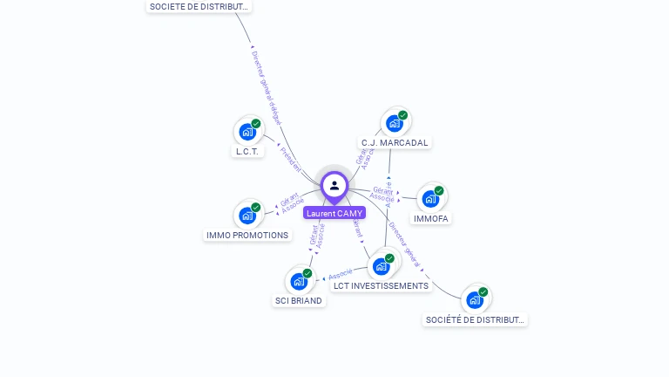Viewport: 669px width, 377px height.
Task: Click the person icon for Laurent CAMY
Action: (334, 186)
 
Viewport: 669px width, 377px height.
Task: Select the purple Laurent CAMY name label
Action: (334, 213)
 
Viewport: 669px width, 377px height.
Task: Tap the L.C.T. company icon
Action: (247, 132)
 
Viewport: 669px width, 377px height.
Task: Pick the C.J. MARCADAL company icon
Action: (394, 123)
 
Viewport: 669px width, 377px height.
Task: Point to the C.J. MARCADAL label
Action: (395, 142)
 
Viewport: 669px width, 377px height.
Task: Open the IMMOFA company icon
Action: (429, 199)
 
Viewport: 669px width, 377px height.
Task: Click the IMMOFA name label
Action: (431, 218)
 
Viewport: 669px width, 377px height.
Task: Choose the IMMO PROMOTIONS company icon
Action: (247, 215)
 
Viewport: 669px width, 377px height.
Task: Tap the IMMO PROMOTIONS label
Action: (247, 235)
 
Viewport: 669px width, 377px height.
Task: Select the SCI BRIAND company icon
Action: (299, 281)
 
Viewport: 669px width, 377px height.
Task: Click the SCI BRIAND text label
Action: (299, 300)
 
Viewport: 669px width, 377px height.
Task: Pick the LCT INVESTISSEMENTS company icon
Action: (381, 266)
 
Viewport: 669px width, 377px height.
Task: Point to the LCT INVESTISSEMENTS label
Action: (382, 285)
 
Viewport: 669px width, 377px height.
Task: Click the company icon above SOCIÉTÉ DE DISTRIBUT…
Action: (475, 300)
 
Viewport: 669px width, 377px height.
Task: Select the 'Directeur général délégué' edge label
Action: (265, 86)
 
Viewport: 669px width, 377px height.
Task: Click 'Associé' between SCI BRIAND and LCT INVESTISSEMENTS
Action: (341, 275)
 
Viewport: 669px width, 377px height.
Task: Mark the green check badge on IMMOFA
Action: (439, 190)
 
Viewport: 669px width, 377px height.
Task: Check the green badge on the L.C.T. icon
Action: (256, 123)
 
